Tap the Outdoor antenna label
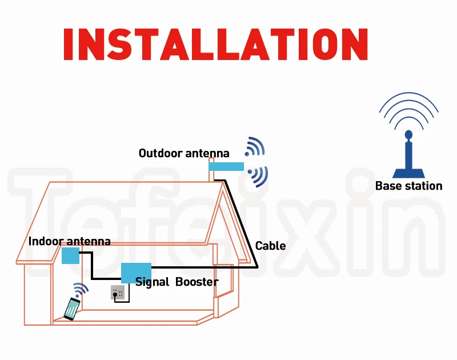point(184,153)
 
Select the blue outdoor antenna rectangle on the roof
point(226,166)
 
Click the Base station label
point(408,186)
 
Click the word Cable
point(270,246)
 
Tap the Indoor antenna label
point(69,242)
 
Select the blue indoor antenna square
point(70,255)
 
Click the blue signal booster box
point(136,272)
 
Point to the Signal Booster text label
point(177,282)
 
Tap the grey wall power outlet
point(118,293)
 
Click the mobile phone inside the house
point(71,309)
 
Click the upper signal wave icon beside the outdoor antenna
point(255,147)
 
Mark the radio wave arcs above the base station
point(408,111)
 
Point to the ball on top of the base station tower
point(408,135)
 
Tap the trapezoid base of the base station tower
point(408,173)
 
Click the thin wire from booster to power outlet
point(130,294)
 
